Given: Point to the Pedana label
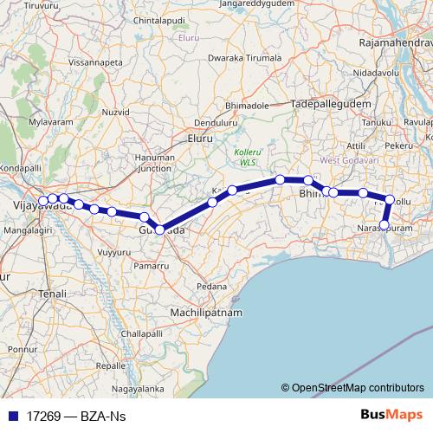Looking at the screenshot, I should pyautogui.click(x=211, y=285).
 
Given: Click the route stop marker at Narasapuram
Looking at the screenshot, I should pyautogui.click(x=385, y=225).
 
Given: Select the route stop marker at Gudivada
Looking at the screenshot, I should pyautogui.click(x=160, y=229).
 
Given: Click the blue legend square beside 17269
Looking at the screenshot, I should pyautogui.click(x=12, y=416).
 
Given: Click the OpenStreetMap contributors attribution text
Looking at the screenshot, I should pyautogui.click(x=358, y=388).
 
